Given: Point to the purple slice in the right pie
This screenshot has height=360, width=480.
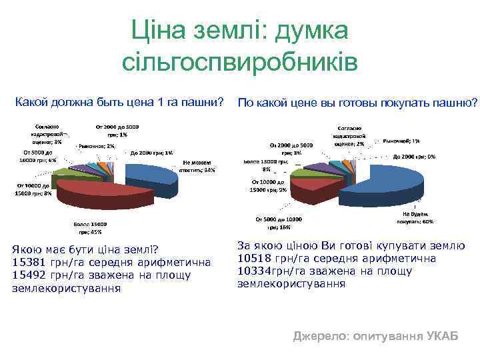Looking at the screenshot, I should point(320,167).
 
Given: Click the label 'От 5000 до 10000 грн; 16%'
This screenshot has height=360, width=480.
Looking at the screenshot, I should point(279,222).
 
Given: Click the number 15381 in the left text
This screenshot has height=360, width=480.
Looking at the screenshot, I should point(29,262).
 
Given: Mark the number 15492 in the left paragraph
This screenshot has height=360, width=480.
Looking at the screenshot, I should point(29,275).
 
